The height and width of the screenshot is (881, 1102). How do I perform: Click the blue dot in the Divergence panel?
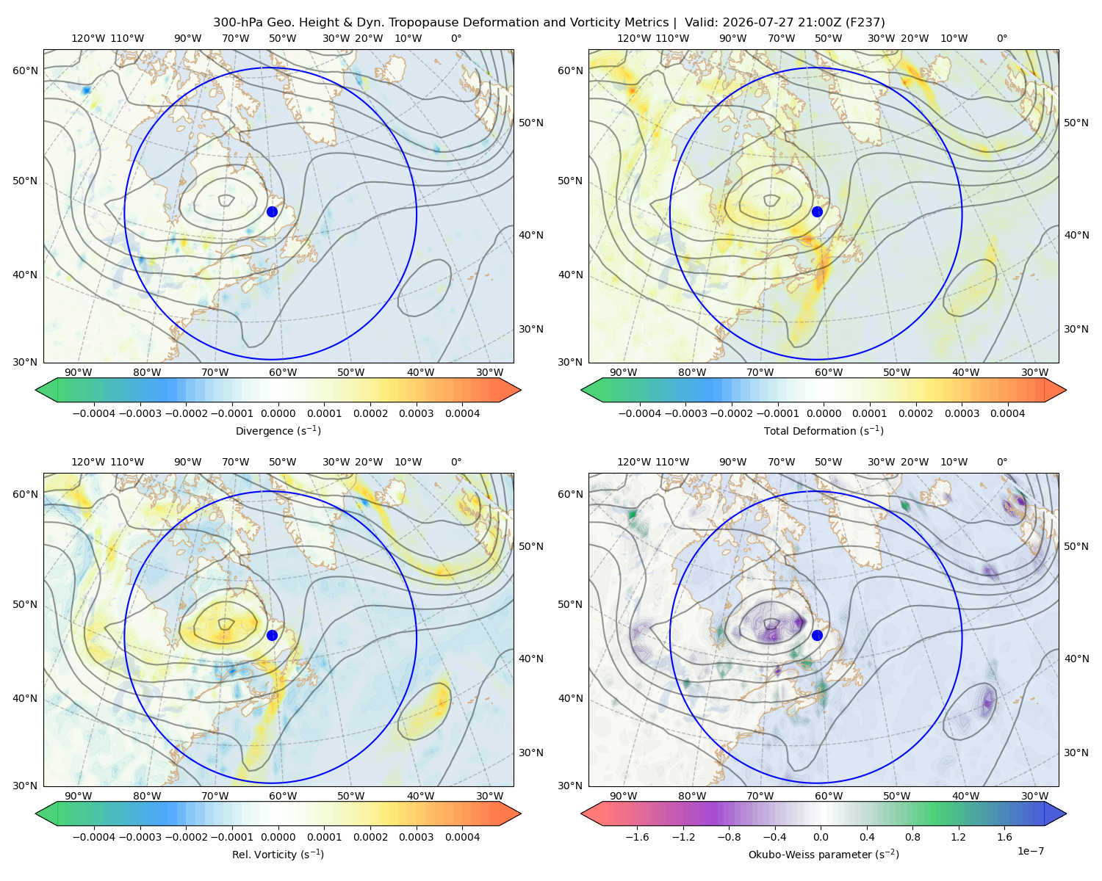(x=272, y=211)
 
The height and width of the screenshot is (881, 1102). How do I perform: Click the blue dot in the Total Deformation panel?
(x=817, y=211)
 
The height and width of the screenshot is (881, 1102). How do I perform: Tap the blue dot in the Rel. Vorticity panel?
(x=272, y=635)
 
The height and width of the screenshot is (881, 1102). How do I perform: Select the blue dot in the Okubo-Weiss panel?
(x=817, y=635)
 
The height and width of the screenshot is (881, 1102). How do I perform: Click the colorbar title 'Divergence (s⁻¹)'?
(x=278, y=430)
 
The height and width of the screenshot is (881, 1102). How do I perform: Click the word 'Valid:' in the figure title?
(x=701, y=23)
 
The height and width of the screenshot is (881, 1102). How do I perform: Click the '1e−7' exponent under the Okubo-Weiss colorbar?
(x=1030, y=851)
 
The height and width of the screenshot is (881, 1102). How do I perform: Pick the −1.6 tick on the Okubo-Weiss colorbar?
(x=637, y=837)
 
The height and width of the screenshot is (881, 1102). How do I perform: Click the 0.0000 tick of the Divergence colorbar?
(x=278, y=413)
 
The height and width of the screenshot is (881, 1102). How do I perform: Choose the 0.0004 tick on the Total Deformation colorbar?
(x=1007, y=413)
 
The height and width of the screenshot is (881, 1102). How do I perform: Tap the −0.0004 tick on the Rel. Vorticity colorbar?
(x=94, y=837)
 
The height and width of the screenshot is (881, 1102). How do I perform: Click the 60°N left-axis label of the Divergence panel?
(x=25, y=70)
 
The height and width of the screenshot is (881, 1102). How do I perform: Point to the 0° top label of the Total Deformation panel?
(x=1001, y=38)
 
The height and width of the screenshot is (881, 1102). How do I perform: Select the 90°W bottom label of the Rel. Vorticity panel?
(x=79, y=796)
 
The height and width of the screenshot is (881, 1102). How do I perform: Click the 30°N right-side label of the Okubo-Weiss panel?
(x=1076, y=753)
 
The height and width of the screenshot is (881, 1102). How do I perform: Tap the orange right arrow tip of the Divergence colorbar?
(x=520, y=390)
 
